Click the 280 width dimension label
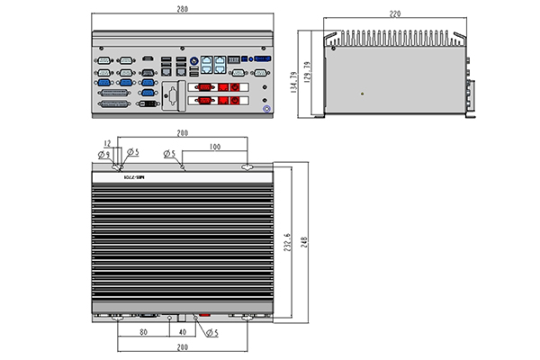point(183,10)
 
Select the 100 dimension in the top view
point(214,146)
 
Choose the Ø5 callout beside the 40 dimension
point(213,333)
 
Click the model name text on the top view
point(133,178)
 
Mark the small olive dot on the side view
point(362,91)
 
